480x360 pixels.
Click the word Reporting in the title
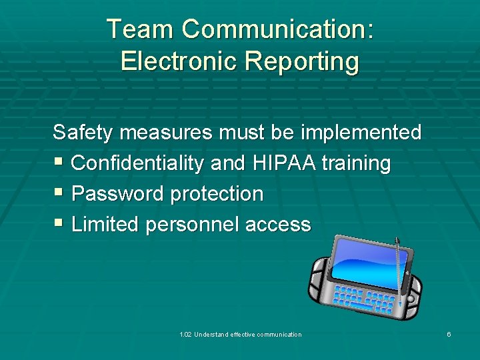(302, 61)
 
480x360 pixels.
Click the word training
(357, 163)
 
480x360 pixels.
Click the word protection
(217, 194)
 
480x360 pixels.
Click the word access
(278, 225)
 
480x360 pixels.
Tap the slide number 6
(449, 334)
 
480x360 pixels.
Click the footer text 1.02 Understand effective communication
(240, 334)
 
